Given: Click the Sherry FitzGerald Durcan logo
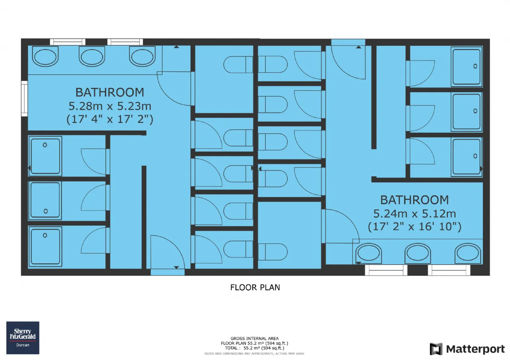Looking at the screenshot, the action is (x=23, y=338).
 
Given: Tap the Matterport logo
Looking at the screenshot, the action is (x=467, y=349).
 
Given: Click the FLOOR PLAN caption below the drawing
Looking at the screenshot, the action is (x=255, y=288).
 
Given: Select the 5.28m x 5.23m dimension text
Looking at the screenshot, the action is (x=110, y=106).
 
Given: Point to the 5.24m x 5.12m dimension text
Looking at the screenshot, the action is (x=415, y=214).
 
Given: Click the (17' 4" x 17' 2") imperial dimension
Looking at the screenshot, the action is (x=110, y=119).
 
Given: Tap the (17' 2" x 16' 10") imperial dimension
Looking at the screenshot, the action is (x=415, y=227).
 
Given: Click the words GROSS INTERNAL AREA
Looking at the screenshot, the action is (x=255, y=339).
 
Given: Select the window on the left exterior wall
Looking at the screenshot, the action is (x=24, y=99).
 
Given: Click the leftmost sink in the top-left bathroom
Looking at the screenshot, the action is (x=45, y=56).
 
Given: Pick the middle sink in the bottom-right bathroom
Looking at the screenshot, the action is (x=418, y=253).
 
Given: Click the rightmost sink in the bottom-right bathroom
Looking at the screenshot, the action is (x=468, y=253).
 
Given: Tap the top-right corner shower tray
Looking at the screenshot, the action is (x=467, y=66).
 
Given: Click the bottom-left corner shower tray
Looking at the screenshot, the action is (x=45, y=246).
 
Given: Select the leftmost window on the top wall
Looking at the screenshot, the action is (x=68, y=42).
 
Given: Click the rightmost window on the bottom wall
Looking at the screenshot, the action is (x=449, y=270).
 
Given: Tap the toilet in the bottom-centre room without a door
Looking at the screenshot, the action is (x=273, y=252).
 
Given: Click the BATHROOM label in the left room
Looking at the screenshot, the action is (x=110, y=92).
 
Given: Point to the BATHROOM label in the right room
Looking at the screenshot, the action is (x=415, y=200).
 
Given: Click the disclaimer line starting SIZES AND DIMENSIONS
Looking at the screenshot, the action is (x=254, y=354).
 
